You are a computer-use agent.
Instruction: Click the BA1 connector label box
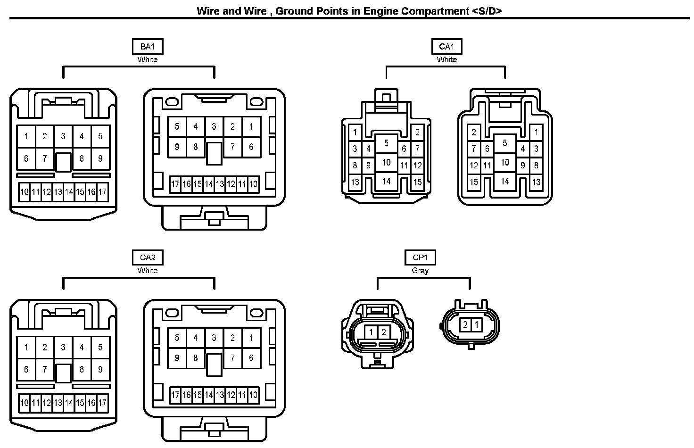pyautogui.click(x=148, y=47)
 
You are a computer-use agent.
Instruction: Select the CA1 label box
pyautogui.click(x=446, y=47)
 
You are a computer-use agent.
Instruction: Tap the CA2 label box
pyautogui.click(x=148, y=257)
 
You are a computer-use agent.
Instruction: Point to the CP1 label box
pyautogui.click(x=420, y=257)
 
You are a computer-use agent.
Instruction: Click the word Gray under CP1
pyautogui.click(x=420, y=271)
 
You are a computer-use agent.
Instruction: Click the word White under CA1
pyautogui.click(x=446, y=60)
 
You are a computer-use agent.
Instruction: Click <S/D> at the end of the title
pyautogui.click(x=486, y=11)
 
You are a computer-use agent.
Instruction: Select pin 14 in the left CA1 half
pyautogui.click(x=387, y=181)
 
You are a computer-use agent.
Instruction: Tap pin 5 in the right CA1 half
pyautogui.click(x=505, y=143)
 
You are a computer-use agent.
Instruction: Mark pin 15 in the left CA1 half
pyautogui.click(x=417, y=182)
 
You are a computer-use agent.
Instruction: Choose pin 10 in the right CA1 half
pyautogui.click(x=505, y=162)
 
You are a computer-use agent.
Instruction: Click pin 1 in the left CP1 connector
pyautogui.click(x=371, y=332)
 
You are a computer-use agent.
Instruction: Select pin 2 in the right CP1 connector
pyautogui.click(x=465, y=324)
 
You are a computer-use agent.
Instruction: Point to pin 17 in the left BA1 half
pyautogui.click(x=102, y=192)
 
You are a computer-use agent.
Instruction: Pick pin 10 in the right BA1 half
pyautogui.click(x=253, y=184)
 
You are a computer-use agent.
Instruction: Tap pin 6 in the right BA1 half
pyautogui.click(x=251, y=147)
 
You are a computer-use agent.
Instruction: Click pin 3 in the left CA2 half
pyautogui.click(x=63, y=348)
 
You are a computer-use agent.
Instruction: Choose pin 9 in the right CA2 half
pyautogui.click(x=177, y=358)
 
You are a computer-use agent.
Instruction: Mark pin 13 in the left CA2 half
pyautogui.click(x=58, y=403)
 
